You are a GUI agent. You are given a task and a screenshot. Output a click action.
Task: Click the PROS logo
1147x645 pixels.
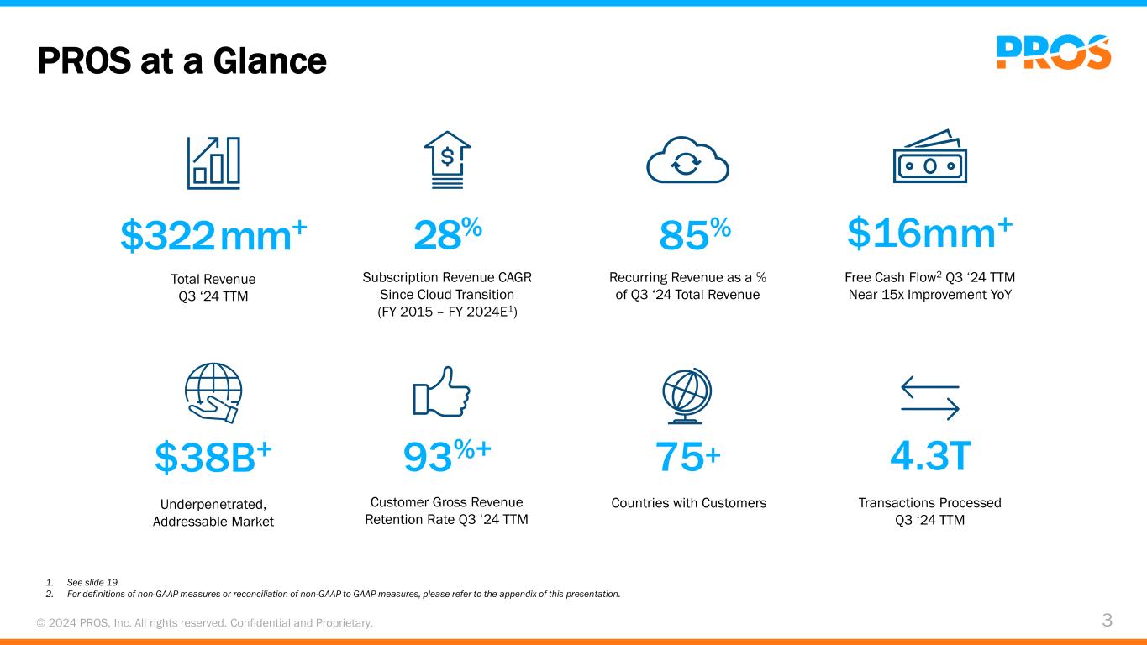(x=1054, y=52)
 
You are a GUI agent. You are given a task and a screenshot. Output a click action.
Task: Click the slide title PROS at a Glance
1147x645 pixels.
(x=182, y=60)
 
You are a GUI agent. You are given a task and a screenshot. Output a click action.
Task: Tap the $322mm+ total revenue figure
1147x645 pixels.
(x=213, y=235)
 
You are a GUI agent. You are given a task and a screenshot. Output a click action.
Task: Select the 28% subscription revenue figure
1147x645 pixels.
(x=447, y=235)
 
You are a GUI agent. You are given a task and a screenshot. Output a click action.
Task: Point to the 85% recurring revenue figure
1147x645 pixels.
(x=694, y=235)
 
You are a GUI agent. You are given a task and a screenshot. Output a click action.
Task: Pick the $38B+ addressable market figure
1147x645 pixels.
(x=213, y=457)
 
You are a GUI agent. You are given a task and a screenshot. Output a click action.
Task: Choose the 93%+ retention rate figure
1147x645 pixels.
(x=447, y=457)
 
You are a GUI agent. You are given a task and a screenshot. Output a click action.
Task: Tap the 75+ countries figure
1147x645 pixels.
(x=687, y=458)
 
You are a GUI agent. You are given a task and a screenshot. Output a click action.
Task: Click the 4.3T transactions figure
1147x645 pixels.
(x=930, y=457)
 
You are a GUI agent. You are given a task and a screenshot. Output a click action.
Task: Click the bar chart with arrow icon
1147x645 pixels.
(x=213, y=161)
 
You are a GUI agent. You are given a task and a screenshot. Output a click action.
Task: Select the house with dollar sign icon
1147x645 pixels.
(x=448, y=158)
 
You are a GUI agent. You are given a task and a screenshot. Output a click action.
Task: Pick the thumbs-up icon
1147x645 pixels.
(x=442, y=391)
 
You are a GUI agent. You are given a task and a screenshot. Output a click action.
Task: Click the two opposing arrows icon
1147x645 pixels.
(x=930, y=396)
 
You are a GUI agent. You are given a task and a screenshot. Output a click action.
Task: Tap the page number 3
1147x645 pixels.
(x=1107, y=621)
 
